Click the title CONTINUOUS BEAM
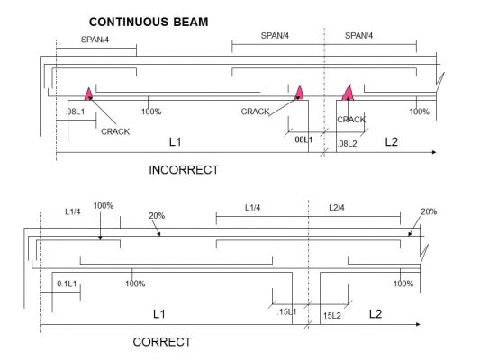click(149, 22)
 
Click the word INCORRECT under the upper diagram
click(184, 170)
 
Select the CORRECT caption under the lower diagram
click(162, 342)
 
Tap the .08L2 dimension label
click(347, 143)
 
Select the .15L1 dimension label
click(286, 311)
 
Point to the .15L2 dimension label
click(331, 315)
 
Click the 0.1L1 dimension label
click(67, 283)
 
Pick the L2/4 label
click(337, 208)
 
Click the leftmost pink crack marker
click(88, 94)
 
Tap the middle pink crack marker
click(299, 93)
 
